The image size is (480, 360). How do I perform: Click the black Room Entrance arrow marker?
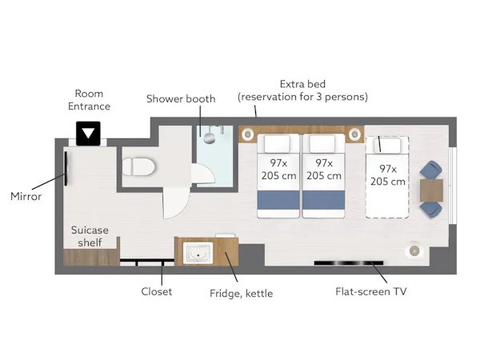(88, 134)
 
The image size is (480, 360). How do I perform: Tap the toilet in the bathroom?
(138, 167)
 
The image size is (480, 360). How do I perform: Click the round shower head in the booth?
(210, 138)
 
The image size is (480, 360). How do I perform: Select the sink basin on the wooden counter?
(198, 253)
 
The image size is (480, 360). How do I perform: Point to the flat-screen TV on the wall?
(349, 262)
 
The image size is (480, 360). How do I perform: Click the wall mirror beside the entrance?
(66, 168)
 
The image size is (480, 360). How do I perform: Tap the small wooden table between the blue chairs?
(431, 190)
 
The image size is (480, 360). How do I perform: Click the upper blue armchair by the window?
(431, 170)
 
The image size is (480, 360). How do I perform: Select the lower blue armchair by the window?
(431, 210)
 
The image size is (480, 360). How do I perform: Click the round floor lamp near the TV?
(414, 251)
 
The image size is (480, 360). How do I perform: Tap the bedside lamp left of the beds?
(247, 134)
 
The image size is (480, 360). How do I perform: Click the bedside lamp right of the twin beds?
(354, 134)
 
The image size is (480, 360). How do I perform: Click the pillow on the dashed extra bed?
(387, 146)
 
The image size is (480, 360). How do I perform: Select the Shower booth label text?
(181, 99)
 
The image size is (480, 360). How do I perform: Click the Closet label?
(157, 291)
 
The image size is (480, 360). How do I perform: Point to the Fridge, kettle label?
(242, 294)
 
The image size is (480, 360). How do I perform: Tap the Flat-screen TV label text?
(371, 291)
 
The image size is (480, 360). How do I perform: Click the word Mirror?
(26, 196)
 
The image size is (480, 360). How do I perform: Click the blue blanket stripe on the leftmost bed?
(278, 200)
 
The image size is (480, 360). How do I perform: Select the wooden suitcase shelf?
(91, 257)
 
